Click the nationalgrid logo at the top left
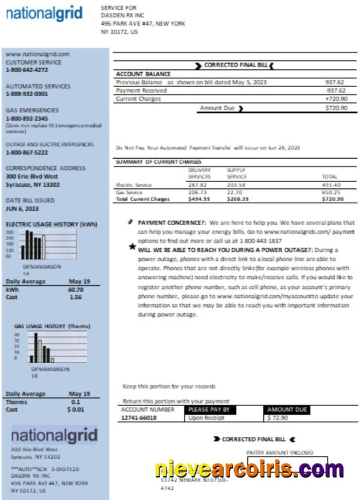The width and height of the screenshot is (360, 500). [45, 14]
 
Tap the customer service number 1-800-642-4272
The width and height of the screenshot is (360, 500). [27, 70]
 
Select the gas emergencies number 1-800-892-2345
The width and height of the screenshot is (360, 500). [27, 118]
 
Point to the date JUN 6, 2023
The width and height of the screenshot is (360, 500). [22, 208]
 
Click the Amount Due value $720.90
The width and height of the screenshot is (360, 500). [335, 108]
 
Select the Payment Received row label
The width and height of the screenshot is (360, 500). [141, 90]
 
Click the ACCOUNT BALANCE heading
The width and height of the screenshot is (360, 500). [143, 74]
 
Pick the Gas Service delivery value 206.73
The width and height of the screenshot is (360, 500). [197, 192]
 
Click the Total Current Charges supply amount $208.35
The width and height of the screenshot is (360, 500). [237, 199]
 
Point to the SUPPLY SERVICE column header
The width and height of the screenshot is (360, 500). [236, 174]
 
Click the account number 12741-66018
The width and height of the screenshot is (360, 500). [139, 418]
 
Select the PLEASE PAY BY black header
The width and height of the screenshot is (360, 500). [209, 410]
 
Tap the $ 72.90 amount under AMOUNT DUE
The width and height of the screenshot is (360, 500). [278, 418]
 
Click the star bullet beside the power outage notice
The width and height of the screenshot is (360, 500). [132, 246]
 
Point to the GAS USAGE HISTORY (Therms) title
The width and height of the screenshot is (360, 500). [52, 326]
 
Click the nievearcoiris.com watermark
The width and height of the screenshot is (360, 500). [249, 469]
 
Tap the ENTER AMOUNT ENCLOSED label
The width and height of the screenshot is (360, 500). [280, 452]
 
